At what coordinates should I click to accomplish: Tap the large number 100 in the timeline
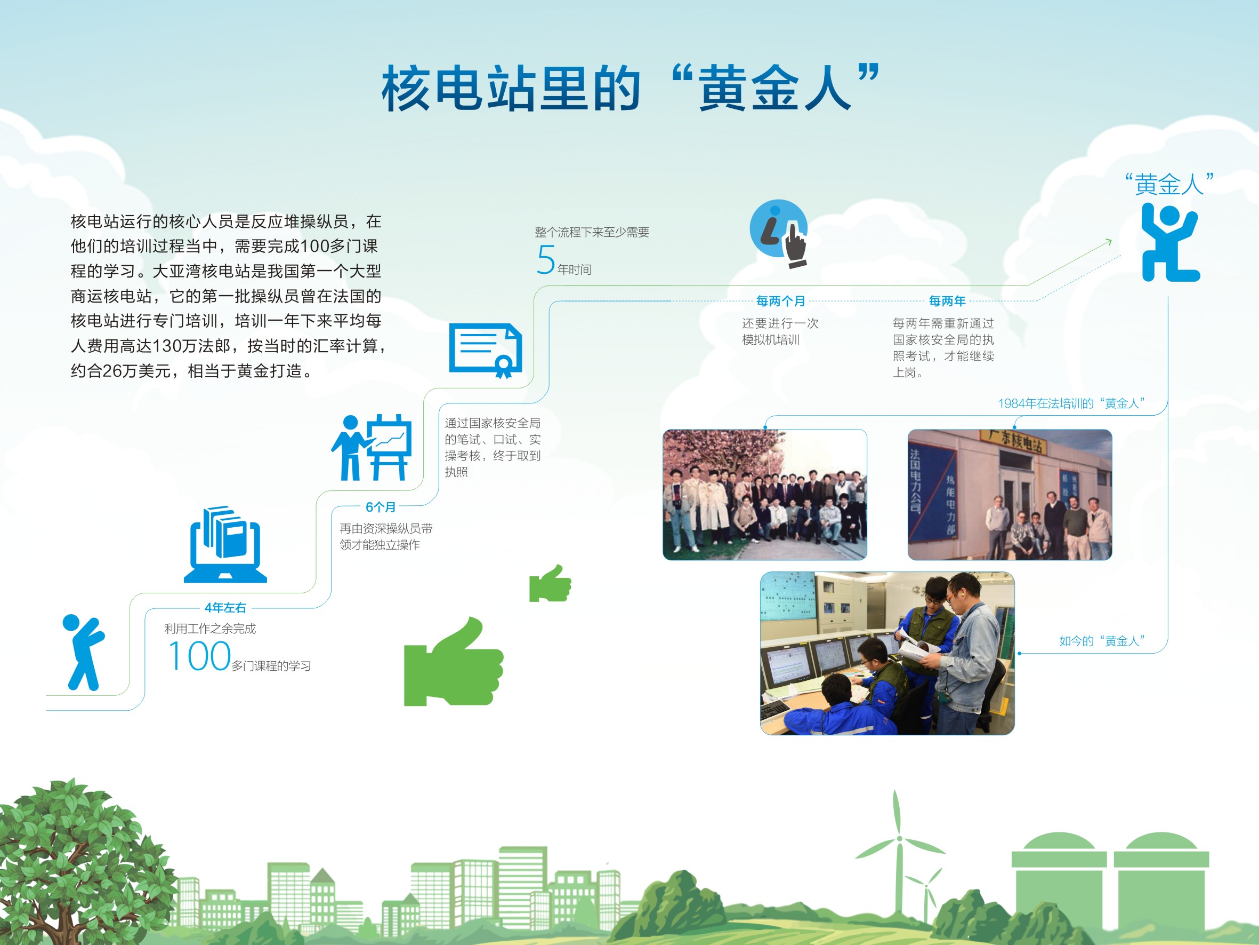coord(199,656)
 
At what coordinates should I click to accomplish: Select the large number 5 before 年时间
coord(546,260)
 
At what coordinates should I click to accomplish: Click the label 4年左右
coord(225,608)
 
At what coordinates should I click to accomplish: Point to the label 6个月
coord(381,507)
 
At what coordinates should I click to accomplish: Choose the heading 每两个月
coord(781,301)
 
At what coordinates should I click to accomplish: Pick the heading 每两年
coord(948,301)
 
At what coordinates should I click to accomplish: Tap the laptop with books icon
coord(225,544)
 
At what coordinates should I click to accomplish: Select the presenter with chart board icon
coord(372,448)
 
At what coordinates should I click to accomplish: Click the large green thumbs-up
coord(454,661)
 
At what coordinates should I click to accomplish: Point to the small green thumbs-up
coord(550,583)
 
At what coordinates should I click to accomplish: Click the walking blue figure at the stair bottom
coord(84,652)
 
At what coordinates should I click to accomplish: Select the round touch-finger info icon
coord(779,233)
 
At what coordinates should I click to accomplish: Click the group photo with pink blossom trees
coord(764,495)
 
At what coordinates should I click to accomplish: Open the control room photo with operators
coord(887,653)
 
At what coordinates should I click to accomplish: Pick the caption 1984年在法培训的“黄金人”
coord(1072,403)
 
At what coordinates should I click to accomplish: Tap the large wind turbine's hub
coord(900,838)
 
